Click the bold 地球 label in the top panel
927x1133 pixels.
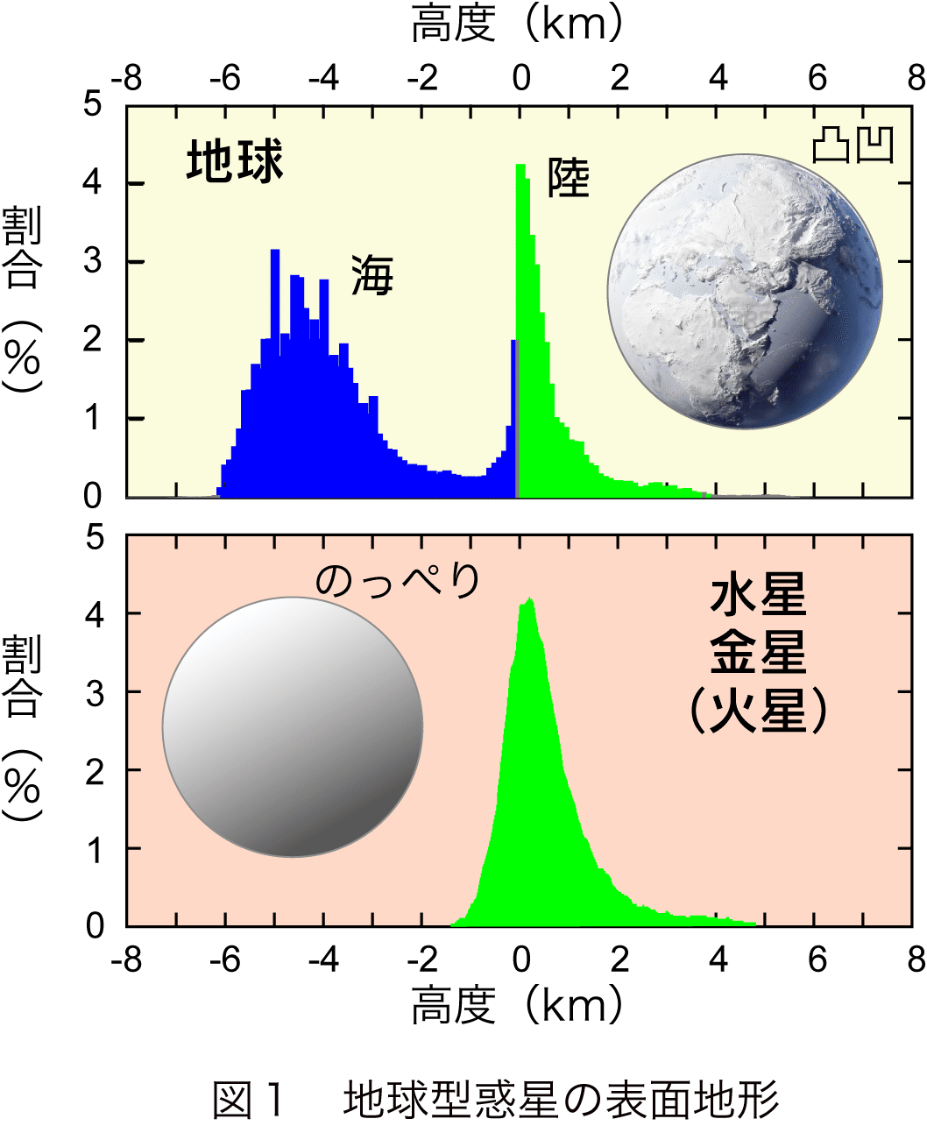235,162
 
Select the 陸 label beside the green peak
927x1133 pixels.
569,178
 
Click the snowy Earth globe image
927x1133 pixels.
745,292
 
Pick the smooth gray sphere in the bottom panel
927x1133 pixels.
293,726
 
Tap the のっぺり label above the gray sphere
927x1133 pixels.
398,580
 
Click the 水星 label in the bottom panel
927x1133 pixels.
758,596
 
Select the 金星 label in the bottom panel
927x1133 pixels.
758,653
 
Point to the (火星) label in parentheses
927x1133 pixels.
758,710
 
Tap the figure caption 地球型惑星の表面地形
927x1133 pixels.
561,1100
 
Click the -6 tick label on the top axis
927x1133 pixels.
225,79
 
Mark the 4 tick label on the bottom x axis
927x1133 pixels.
718,960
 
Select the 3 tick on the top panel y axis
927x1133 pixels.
92,261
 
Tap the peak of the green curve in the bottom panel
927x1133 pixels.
528,602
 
